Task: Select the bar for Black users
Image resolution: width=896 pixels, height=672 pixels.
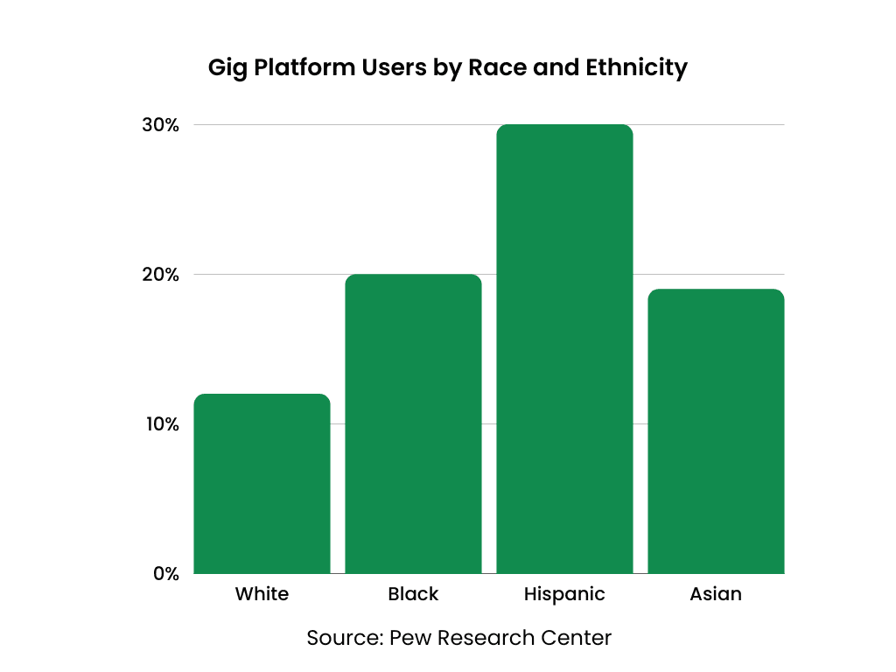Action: coord(413,424)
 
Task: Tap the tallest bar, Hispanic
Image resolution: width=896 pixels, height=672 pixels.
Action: coord(564,349)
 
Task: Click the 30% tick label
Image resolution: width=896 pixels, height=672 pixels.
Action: coord(161,125)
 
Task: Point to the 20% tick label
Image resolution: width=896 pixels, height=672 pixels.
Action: coord(161,275)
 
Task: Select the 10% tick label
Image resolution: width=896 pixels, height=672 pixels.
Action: coord(161,424)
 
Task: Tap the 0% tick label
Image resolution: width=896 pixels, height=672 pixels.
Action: coord(165,574)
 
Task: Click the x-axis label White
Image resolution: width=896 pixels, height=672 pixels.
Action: coord(262,594)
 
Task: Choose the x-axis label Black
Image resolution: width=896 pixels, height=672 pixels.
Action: coord(413,594)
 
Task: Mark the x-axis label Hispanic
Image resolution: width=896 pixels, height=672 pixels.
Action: coord(564,594)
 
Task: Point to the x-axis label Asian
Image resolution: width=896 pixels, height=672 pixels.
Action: coord(716,594)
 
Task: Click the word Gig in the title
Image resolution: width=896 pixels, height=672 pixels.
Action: coord(227,68)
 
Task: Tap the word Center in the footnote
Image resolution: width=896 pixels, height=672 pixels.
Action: coord(577,638)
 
